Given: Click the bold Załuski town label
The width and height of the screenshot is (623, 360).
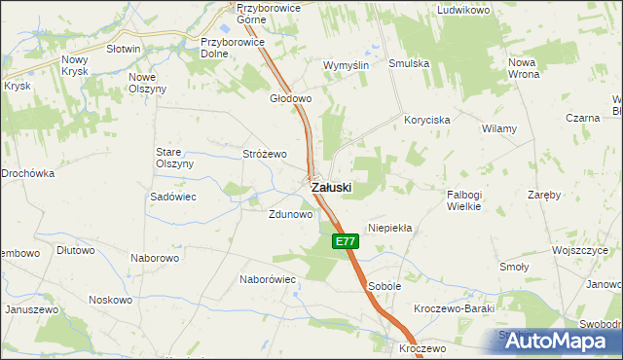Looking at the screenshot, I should coord(331,186).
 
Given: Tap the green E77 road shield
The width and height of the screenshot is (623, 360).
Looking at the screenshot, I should coord(344,240).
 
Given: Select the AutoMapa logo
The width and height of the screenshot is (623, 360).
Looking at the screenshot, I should coord(559,341).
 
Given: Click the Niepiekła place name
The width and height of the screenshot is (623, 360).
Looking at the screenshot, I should coord(390,228).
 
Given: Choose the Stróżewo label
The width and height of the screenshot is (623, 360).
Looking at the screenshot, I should coord(264,154).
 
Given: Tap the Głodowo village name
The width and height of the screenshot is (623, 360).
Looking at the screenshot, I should coord(290,98).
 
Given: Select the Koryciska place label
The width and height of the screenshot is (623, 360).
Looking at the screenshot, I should coord(426,120).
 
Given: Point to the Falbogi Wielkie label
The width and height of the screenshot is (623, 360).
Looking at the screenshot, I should coord(472,199).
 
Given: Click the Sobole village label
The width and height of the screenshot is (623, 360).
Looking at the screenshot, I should coord(385,286).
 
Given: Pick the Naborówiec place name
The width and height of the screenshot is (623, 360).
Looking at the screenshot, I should coord(268,278).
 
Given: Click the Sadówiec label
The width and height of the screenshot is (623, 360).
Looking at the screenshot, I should coord(174,196).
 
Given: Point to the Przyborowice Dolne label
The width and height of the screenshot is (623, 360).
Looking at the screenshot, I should coord(228,48).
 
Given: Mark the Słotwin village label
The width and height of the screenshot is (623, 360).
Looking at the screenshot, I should coord(124,48).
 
